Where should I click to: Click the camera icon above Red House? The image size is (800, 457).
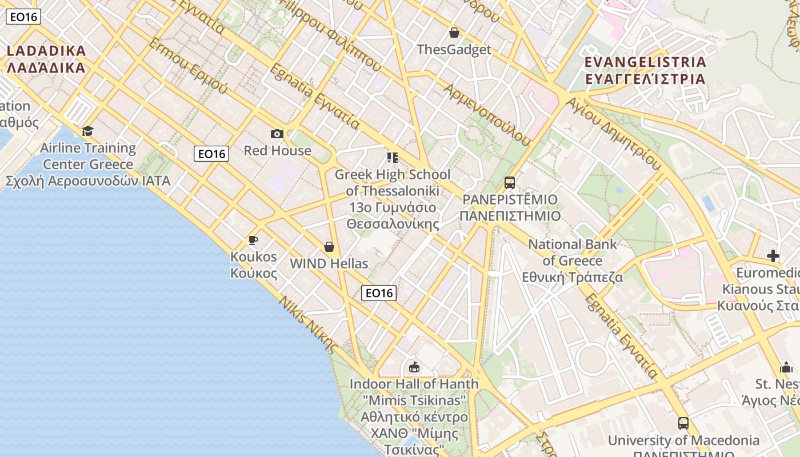(x=277, y=134)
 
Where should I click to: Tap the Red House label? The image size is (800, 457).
(x=278, y=151)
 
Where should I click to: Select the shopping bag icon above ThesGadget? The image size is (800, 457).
(x=454, y=33)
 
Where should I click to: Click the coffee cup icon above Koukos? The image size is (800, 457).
(x=253, y=240)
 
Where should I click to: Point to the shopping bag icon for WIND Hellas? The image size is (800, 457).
(x=329, y=247)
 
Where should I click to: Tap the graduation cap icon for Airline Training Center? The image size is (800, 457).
(x=87, y=131)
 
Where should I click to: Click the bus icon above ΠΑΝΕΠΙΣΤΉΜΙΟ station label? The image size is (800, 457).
(x=509, y=183)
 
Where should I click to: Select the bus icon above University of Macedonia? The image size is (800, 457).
(x=683, y=423)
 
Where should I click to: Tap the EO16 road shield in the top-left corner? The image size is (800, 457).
(x=23, y=17)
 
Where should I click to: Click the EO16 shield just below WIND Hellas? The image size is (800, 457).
(x=379, y=293)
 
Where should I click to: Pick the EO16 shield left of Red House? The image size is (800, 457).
(x=211, y=154)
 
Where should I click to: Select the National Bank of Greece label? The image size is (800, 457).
(x=573, y=261)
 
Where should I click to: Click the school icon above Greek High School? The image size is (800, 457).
(x=392, y=157)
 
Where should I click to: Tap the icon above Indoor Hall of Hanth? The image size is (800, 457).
(x=414, y=367)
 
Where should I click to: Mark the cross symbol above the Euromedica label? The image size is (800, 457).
(x=773, y=256)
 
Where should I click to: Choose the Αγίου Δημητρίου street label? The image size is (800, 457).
(x=614, y=132)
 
